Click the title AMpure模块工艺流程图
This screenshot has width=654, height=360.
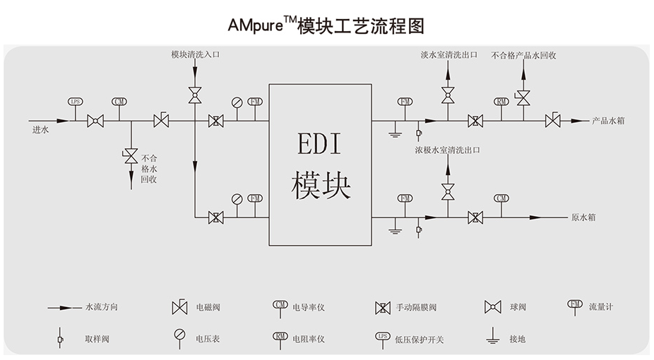[x=326, y=26]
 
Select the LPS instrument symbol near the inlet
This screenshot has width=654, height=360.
[x=76, y=102]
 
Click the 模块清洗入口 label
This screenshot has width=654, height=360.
[x=195, y=54]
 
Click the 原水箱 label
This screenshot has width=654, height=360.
[x=583, y=217]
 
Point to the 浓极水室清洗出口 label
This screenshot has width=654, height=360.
[x=448, y=150]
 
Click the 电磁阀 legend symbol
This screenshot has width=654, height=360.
[x=179, y=307]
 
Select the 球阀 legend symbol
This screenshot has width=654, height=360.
[x=492, y=307]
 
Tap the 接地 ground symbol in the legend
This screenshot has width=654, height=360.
[x=492, y=337]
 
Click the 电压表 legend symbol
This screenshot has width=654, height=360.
[x=179, y=335]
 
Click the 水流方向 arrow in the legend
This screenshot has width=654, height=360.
[x=64, y=307]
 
